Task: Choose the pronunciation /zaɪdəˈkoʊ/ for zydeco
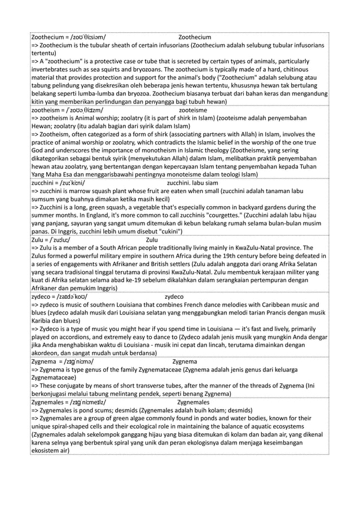[78, 295]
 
